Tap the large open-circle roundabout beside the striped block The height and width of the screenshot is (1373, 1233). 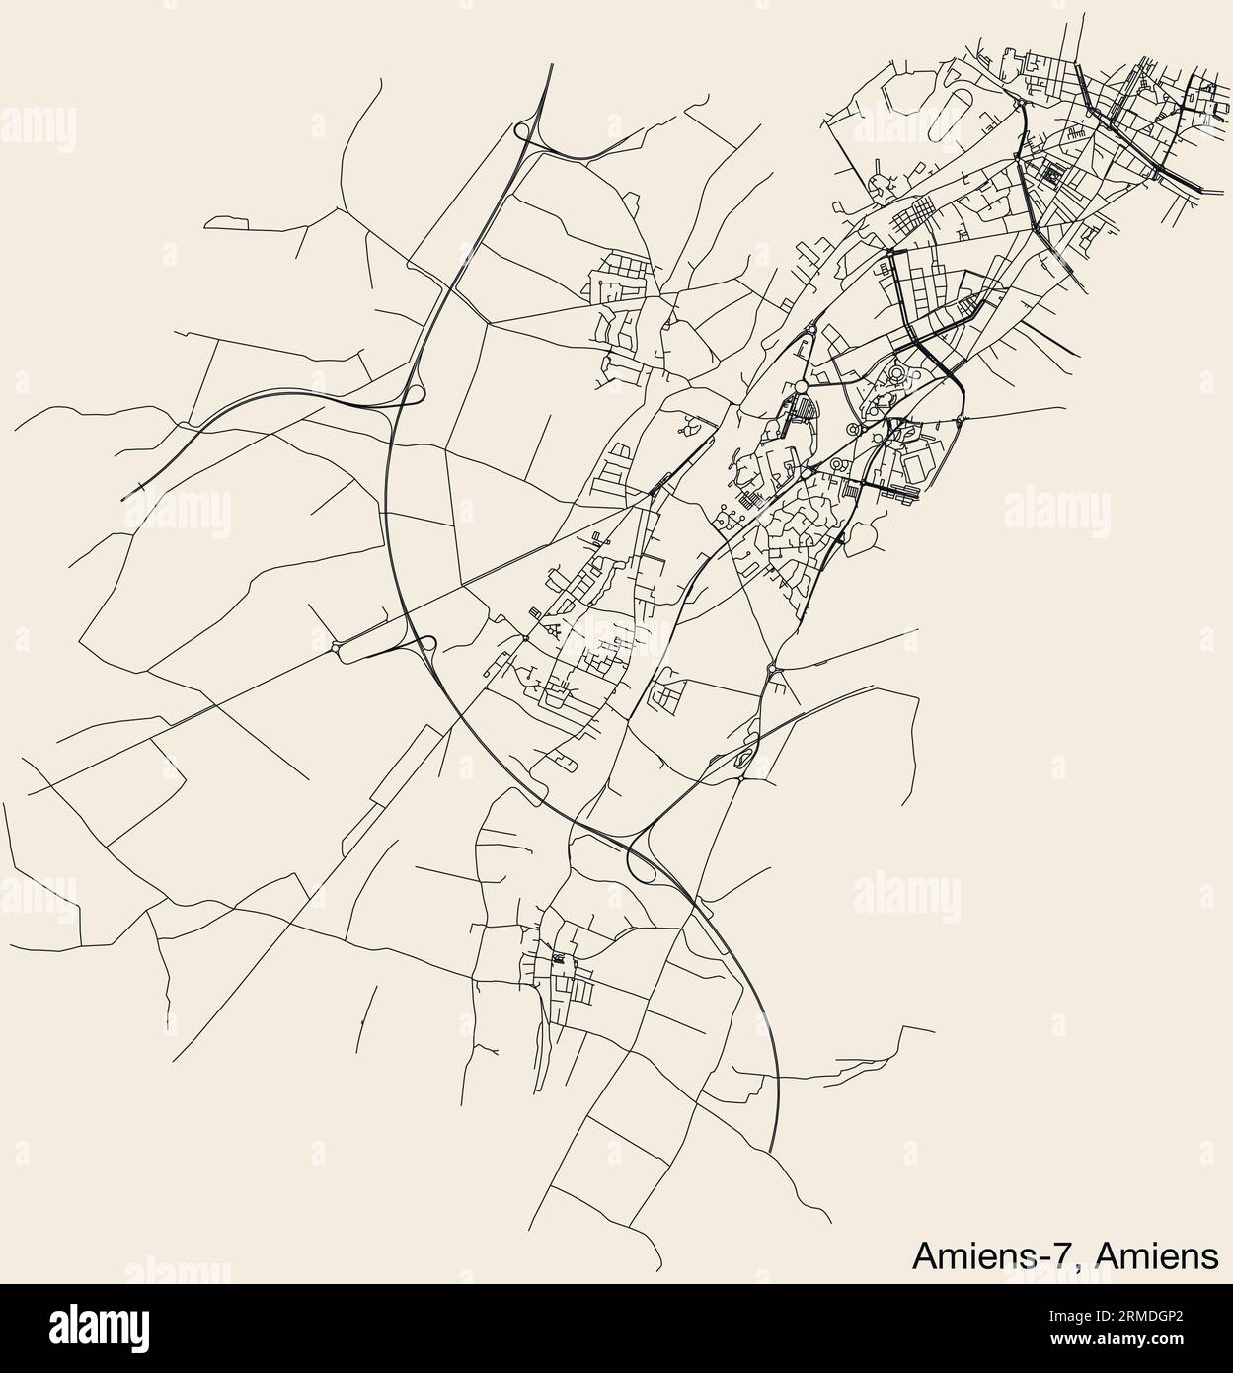tap(802, 384)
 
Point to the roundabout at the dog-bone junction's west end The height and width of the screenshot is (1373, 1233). tap(342, 648)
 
